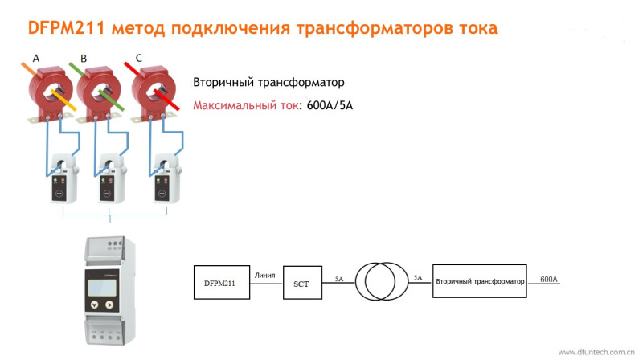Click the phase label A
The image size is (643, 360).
(36, 59)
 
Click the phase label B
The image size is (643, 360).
(84, 59)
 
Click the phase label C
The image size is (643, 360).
(138, 58)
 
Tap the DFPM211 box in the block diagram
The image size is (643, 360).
(222, 283)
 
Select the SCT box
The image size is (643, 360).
(302, 283)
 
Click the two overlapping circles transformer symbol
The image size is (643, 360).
(381, 282)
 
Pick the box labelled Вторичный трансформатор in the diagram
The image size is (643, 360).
(479, 281)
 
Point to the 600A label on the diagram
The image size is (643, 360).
(549, 279)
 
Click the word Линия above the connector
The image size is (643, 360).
(264, 276)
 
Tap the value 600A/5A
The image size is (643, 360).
(330, 106)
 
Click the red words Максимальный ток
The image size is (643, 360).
(246, 106)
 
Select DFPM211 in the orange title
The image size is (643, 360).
(67, 28)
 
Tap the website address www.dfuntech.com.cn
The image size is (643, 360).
(596, 352)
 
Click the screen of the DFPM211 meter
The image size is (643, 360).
(102, 288)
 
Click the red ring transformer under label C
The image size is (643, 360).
(154, 92)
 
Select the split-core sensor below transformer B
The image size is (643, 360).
(110, 179)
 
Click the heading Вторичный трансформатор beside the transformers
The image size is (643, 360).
(268, 83)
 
